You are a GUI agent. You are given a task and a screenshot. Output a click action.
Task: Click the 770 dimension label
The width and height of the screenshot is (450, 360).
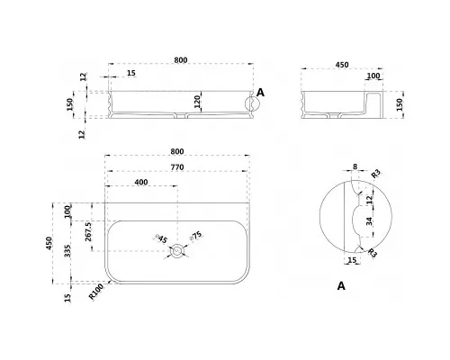pyautogui.click(x=177, y=167)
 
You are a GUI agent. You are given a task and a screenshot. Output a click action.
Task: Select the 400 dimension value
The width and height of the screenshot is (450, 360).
pyautogui.click(x=141, y=182)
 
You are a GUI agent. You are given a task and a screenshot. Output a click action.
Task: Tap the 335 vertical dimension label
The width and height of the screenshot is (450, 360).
pyautogui.click(x=67, y=251)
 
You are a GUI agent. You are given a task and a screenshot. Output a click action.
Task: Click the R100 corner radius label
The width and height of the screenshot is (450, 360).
pyautogui.click(x=96, y=292)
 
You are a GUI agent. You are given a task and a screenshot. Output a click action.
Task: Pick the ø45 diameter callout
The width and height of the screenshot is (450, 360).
pyautogui.click(x=161, y=238)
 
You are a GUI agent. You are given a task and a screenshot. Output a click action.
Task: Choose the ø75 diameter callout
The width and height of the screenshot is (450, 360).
pyautogui.click(x=196, y=236)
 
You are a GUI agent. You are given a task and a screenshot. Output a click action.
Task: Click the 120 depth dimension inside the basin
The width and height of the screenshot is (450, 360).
pyautogui.click(x=197, y=103)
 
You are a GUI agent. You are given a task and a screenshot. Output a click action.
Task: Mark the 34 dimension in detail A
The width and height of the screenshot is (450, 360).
pyautogui.click(x=369, y=221)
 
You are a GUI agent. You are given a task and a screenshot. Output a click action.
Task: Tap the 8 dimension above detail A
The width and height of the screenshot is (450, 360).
pyautogui.click(x=355, y=166)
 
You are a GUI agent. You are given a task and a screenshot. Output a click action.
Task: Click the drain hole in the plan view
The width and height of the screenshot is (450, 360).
pyautogui.click(x=176, y=251)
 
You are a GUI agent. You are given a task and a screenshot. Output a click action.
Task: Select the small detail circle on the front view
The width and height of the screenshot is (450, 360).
pyautogui.click(x=252, y=103)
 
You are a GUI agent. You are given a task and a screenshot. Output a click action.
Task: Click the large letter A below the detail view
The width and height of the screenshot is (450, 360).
pyautogui.click(x=341, y=286)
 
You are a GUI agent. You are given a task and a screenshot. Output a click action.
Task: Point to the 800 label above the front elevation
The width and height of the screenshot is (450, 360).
pyautogui.click(x=181, y=60)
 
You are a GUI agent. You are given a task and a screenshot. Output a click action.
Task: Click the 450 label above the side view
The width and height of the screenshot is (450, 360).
pyautogui.click(x=342, y=65)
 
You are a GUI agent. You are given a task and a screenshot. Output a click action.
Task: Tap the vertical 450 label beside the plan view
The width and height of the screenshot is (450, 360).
pyautogui.click(x=49, y=243)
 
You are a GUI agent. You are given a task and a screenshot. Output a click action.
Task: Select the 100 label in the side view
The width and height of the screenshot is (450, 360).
pyautogui.click(x=373, y=76)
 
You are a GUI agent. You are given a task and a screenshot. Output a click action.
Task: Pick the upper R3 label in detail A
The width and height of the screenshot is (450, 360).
pyautogui.click(x=376, y=174)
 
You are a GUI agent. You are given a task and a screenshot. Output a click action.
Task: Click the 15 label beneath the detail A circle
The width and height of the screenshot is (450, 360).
pyautogui.click(x=352, y=260)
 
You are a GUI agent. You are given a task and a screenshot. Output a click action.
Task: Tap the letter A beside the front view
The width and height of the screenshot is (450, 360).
pyautogui.click(x=261, y=93)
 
